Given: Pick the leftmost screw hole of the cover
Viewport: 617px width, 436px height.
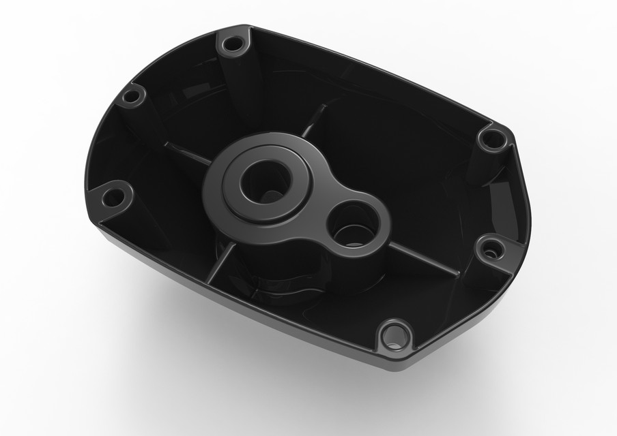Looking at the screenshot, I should [x=113, y=198].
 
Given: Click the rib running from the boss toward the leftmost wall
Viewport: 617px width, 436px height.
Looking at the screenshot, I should [x=184, y=154].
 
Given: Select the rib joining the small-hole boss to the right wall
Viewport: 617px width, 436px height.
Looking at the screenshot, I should [x=423, y=259].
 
